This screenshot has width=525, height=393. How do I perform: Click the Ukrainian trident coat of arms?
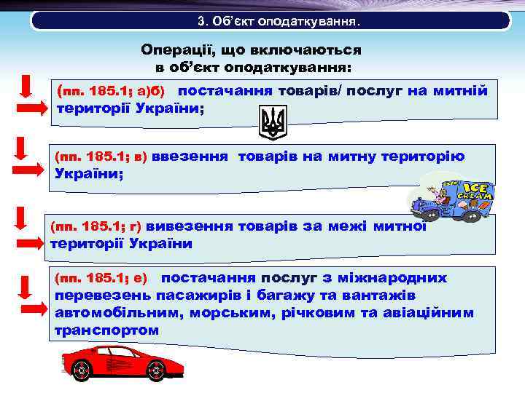tap(274, 122)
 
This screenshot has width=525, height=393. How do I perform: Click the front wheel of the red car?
tap(82, 372)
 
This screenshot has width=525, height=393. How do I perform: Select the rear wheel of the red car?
tap(155, 372)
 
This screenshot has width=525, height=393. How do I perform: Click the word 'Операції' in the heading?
tap(176, 50)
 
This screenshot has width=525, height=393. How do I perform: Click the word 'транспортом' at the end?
tap(106, 330)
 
